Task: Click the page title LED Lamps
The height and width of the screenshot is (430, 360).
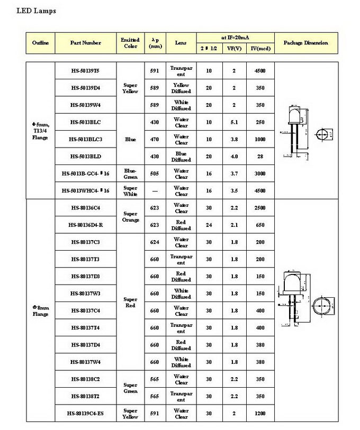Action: [37, 11]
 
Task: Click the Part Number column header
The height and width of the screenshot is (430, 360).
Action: [85, 43]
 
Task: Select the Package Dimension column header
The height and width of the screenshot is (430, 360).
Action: [306, 43]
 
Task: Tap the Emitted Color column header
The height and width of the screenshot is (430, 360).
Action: [130, 43]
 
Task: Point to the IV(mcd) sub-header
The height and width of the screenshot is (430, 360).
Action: [260, 48]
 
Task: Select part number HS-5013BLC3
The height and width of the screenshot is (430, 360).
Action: [85, 140]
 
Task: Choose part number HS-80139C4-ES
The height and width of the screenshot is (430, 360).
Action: [85, 414]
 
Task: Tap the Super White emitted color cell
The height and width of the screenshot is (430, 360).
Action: [130, 191]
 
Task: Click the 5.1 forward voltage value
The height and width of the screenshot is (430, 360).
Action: [233, 122]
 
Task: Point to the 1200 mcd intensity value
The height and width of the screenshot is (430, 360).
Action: [260, 414]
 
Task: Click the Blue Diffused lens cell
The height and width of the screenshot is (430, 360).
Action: [181, 157]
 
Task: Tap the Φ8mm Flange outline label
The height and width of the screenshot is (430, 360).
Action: [40, 310]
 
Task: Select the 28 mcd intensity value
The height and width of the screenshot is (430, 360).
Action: [260, 157]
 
